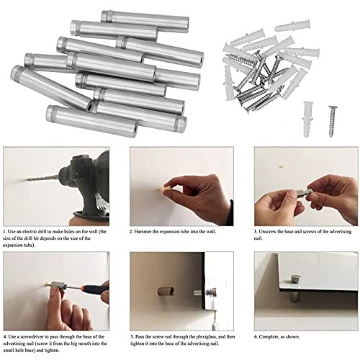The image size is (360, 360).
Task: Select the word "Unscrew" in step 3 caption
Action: (x=273, y=232)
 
